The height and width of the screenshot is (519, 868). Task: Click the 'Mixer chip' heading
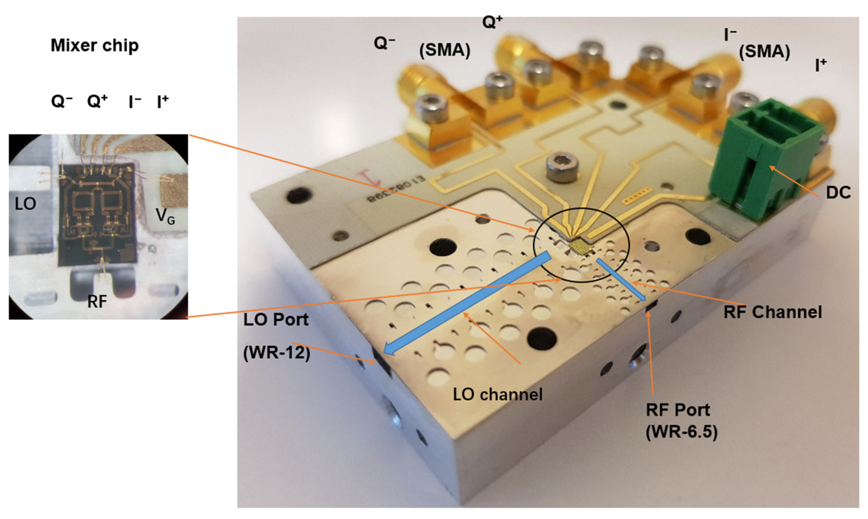pyautogui.click(x=94, y=46)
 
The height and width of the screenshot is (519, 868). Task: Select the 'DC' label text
pyautogui.click(x=838, y=192)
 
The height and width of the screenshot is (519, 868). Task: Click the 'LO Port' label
pyautogui.click(x=276, y=319)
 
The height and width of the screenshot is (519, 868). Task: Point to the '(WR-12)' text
pyautogui.click(x=277, y=353)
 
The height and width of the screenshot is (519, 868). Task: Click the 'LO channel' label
pyautogui.click(x=497, y=394)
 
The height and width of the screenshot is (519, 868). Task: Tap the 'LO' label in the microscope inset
pyautogui.click(x=25, y=204)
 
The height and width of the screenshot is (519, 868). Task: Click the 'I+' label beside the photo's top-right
pyautogui.click(x=820, y=65)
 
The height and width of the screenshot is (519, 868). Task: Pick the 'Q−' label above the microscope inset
pyautogui.click(x=62, y=102)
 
